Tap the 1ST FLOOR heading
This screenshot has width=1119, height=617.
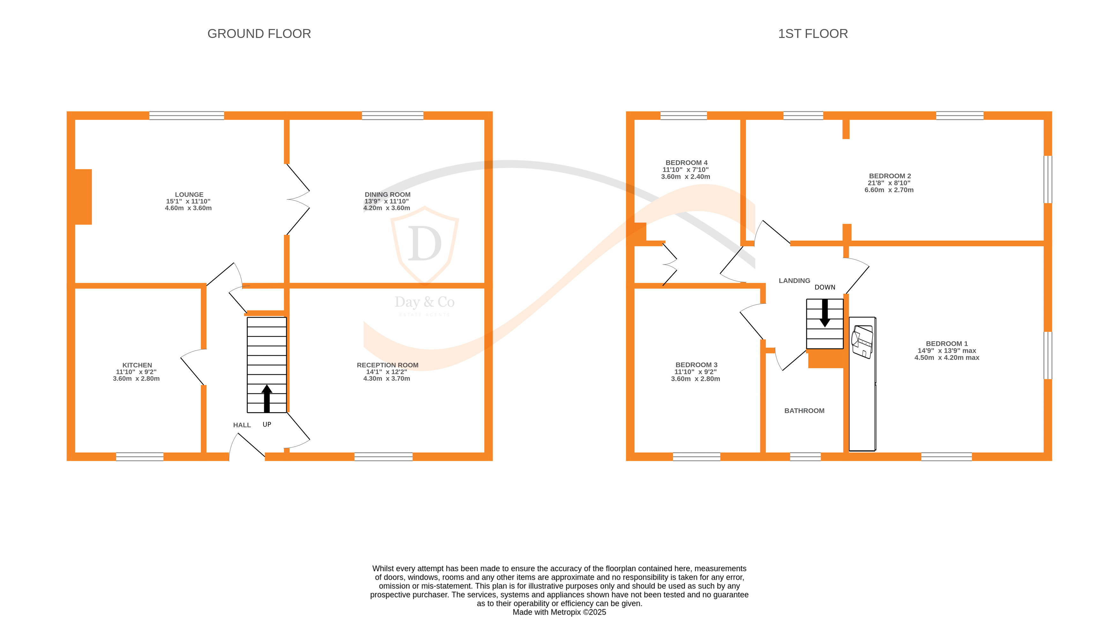[x=812, y=33]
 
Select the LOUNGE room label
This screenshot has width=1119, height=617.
[x=189, y=195]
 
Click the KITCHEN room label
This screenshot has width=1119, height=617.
[x=137, y=365]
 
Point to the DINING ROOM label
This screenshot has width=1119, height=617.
[x=387, y=195]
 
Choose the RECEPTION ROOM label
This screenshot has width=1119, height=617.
[x=387, y=365]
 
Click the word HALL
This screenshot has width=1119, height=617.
[x=242, y=425]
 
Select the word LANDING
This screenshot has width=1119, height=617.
[x=794, y=280]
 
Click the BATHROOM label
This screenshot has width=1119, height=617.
[x=804, y=411]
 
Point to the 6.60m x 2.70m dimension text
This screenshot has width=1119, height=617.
[x=889, y=190]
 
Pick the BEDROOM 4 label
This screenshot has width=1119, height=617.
[x=686, y=162]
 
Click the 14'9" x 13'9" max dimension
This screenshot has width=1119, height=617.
[x=947, y=350]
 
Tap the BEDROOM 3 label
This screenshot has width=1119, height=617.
[x=696, y=365]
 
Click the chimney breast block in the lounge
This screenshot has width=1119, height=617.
[x=83, y=197]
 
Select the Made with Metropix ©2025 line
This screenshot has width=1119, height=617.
[x=559, y=612]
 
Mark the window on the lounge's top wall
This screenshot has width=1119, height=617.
[x=186, y=115]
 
